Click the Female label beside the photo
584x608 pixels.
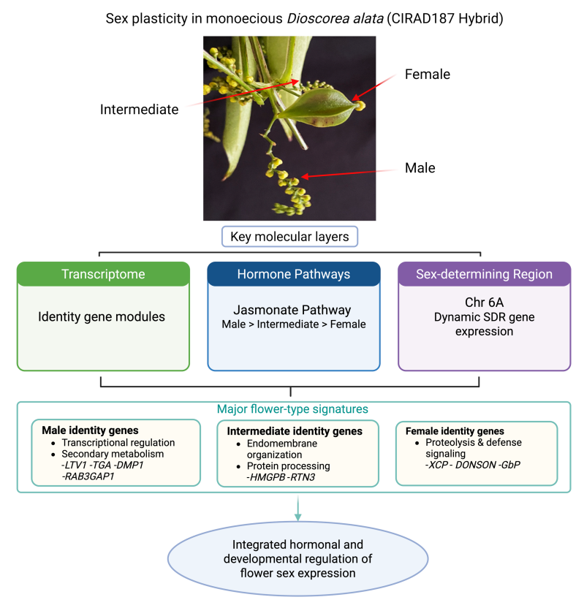click(x=428, y=74)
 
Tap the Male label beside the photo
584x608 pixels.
click(x=420, y=168)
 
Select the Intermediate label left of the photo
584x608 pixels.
click(x=139, y=110)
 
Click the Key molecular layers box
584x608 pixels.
click(x=289, y=237)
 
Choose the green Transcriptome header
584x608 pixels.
click(x=103, y=274)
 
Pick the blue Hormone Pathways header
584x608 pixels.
click(x=294, y=274)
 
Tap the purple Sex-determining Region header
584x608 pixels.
click(x=485, y=274)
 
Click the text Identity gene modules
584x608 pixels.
click(x=102, y=317)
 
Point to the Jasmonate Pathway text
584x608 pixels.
click(x=292, y=310)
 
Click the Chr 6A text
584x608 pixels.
click(x=485, y=302)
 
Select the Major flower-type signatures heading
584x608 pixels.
click(x=292, y=409)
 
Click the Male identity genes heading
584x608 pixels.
click(x=90, y=430)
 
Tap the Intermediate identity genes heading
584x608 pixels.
click(x=295, y=431)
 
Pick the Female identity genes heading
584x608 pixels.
click(x=455, y=431)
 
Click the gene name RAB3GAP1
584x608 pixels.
click(x=88, y=476)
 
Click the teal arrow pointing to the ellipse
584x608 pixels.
click(x=297, y=508)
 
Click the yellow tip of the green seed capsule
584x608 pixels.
click(x=360, y=105)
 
